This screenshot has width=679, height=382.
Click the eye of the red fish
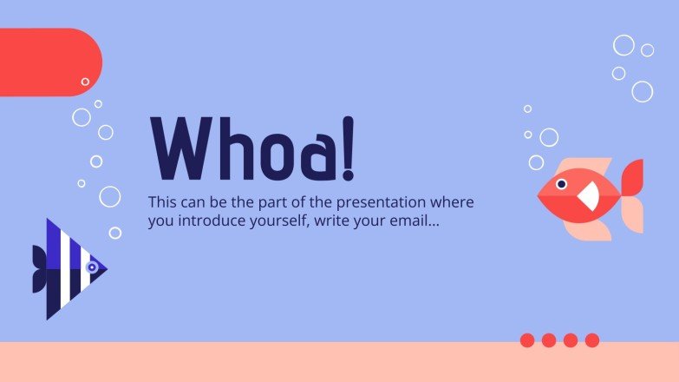point(561,184)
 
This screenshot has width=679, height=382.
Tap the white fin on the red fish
point(589,196)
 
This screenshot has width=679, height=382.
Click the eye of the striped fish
point(91,267)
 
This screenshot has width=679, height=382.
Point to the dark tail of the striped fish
point(39,269)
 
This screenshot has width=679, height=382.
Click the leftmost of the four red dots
point(527,340)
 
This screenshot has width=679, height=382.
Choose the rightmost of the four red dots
point(592,340)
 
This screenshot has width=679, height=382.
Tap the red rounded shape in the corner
point(48,62)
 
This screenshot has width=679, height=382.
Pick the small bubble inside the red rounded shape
point(85,82)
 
